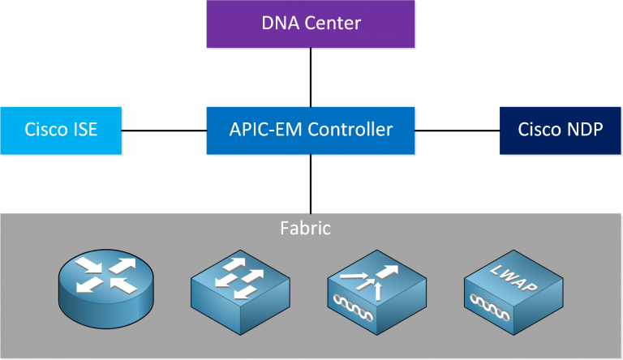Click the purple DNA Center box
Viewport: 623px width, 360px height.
[311, 23]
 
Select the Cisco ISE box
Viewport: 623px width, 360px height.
[62, 130]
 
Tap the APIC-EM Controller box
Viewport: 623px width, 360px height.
[311, 130]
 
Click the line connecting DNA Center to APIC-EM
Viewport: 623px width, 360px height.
[311, 76]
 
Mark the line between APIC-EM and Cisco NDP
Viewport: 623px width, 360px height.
[457, 130]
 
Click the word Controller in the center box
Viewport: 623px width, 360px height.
[352, 130]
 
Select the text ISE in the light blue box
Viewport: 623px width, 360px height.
[82, 130]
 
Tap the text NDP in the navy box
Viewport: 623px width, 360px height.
[582, 130]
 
